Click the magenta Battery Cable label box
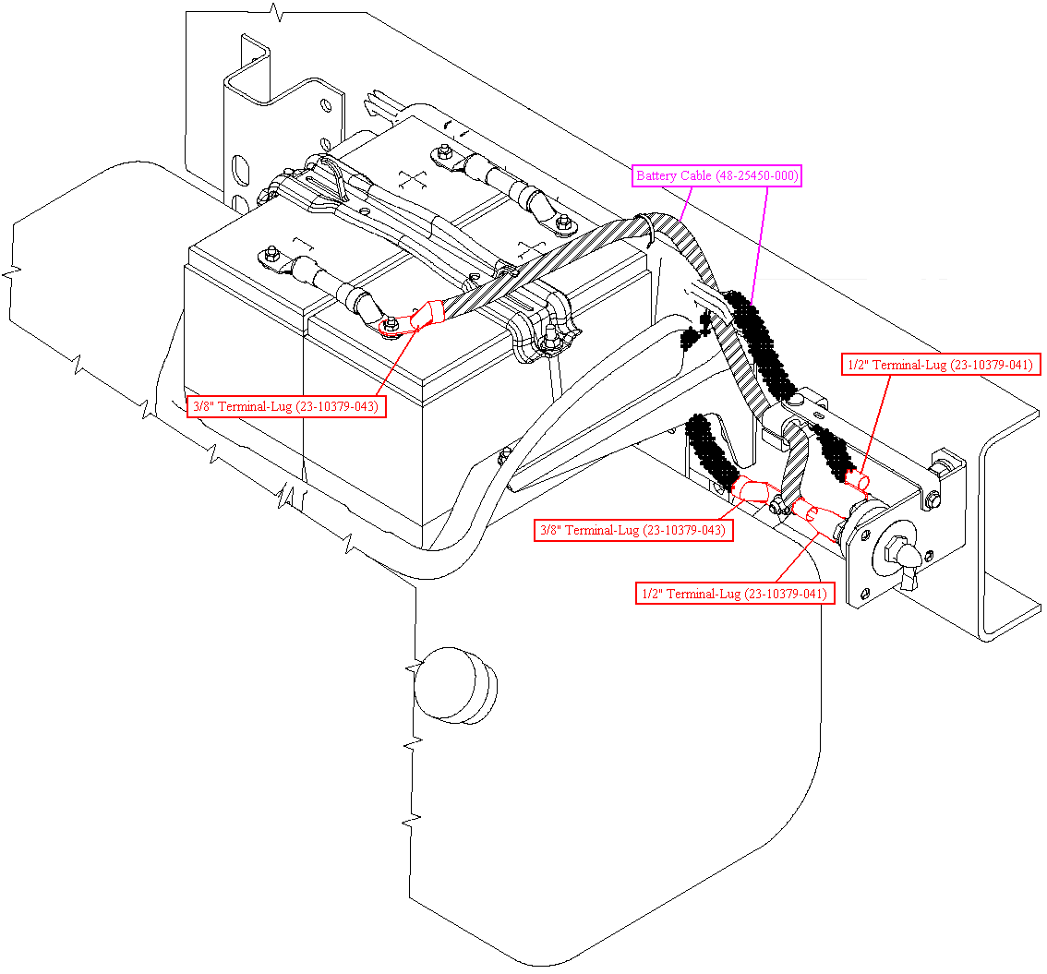point(716,175)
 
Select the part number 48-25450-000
point(757,175)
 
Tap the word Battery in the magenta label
point(656,175)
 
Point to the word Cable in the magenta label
point(696,175)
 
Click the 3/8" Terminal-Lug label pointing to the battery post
point(286,406)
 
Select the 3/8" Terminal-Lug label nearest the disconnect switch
point(633,530)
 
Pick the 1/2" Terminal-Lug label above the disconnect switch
point(940,365)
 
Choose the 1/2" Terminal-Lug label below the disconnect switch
point(735,594)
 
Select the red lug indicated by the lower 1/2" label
point(816,519)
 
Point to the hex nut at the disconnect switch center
point(895,550)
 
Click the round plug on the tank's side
point(456,685)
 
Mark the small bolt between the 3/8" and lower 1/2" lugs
point(776,505)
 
